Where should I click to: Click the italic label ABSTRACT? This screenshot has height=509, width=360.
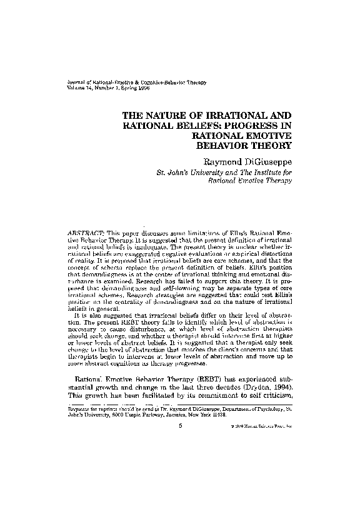tap(86, 231)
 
